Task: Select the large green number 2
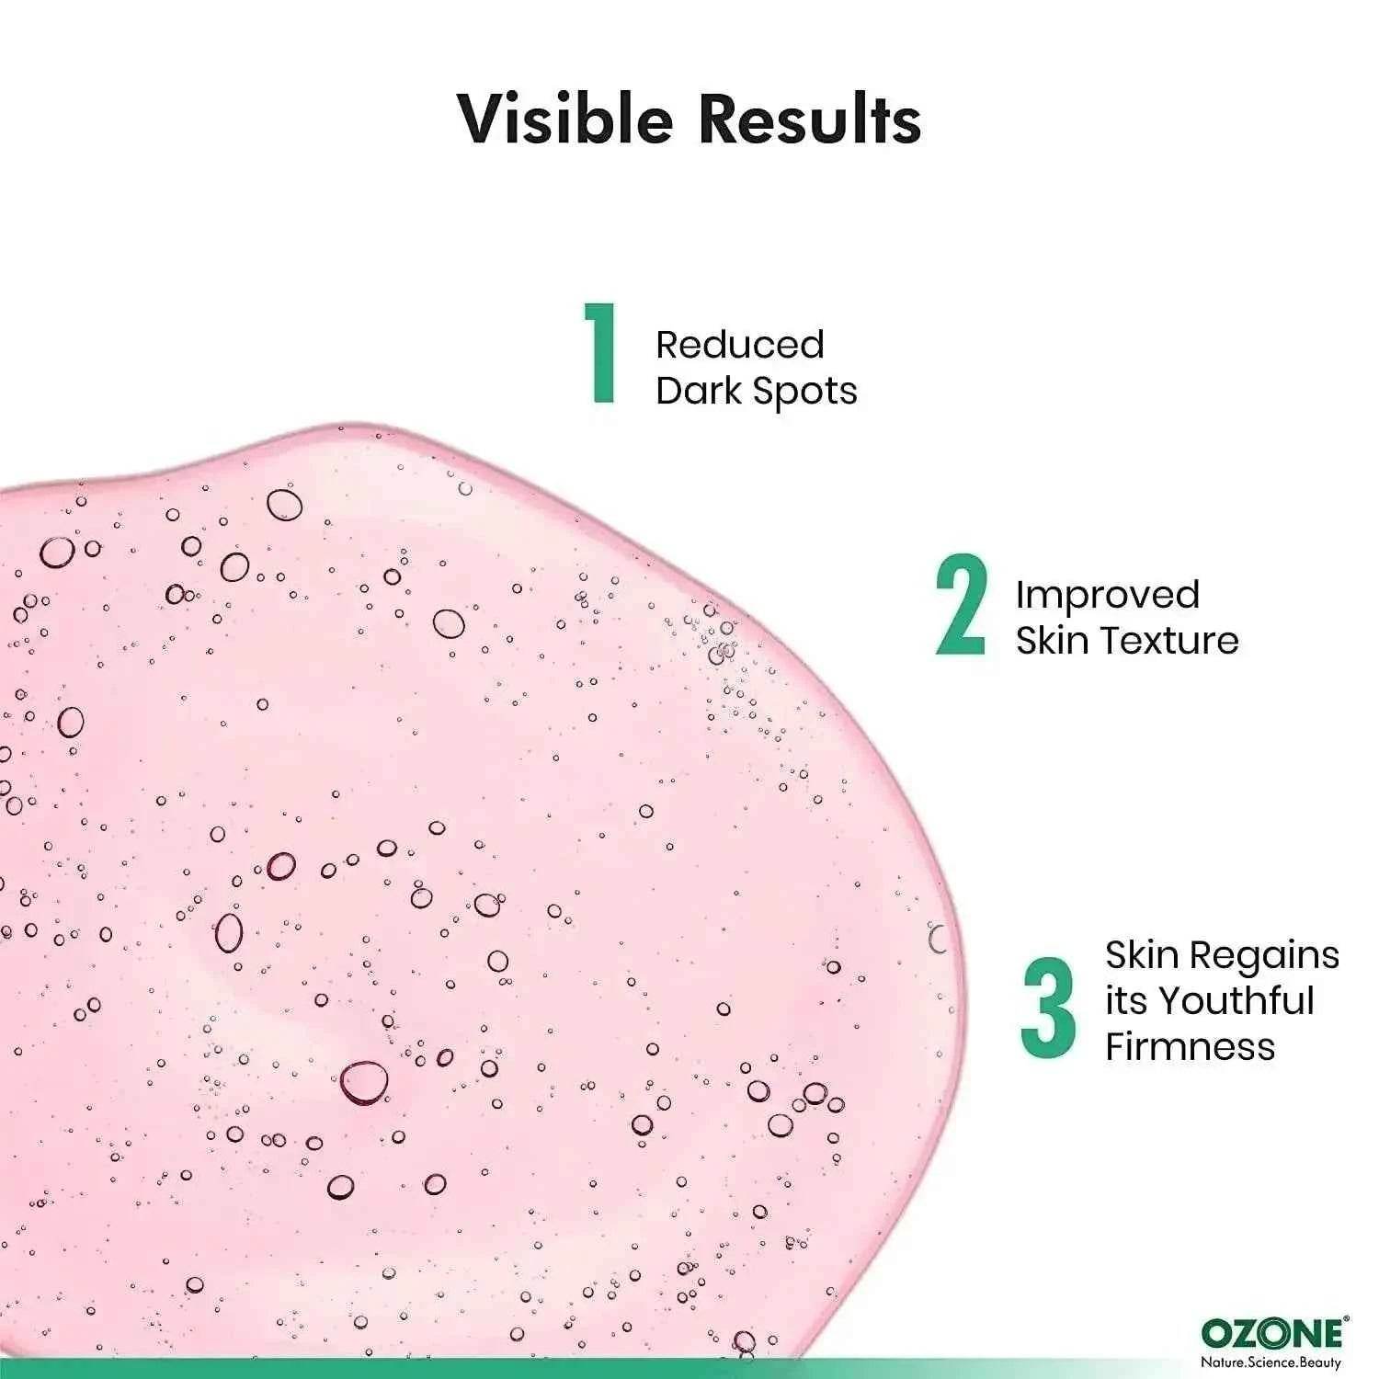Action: click(962, 605)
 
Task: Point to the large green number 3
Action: click(1048, 1008)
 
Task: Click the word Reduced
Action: click(740, 345)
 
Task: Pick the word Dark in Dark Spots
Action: click(700, 391)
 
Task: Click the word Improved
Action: click(1108, 596)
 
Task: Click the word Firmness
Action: click(1191, 1047)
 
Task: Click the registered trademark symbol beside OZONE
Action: click(1347, 1321)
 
